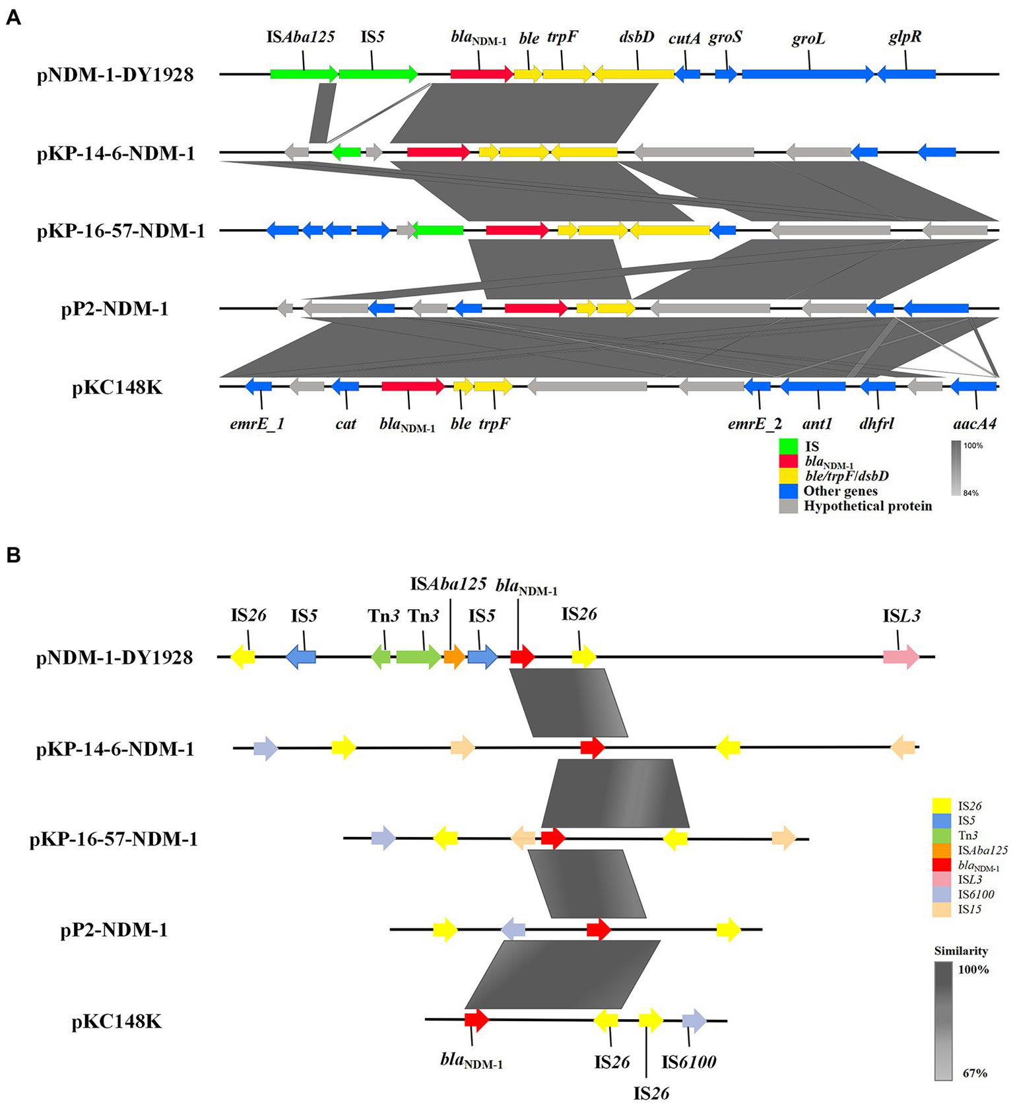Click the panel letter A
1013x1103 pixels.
coord(13,18)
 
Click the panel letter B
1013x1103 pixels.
coord(13,555)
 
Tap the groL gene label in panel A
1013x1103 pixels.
coord(808,39)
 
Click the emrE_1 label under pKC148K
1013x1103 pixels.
coord(257,424)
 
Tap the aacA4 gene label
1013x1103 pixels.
coord(975,424)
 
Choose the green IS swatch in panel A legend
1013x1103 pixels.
coord(789,446)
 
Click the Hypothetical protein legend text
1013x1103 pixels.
coord(867,506)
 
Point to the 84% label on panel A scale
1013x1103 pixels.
coord(971,493)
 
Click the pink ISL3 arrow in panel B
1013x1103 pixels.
coord(901,657)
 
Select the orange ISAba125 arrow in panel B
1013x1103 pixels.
coord(454,657)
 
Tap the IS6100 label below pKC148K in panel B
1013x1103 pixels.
coord(689,1061)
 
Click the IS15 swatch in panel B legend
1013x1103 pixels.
coord(941,909)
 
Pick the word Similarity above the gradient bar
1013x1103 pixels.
coord(961,951)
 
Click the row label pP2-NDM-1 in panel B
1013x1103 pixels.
coord(114,930)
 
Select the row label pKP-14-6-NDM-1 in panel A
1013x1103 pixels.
coord(116,154)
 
